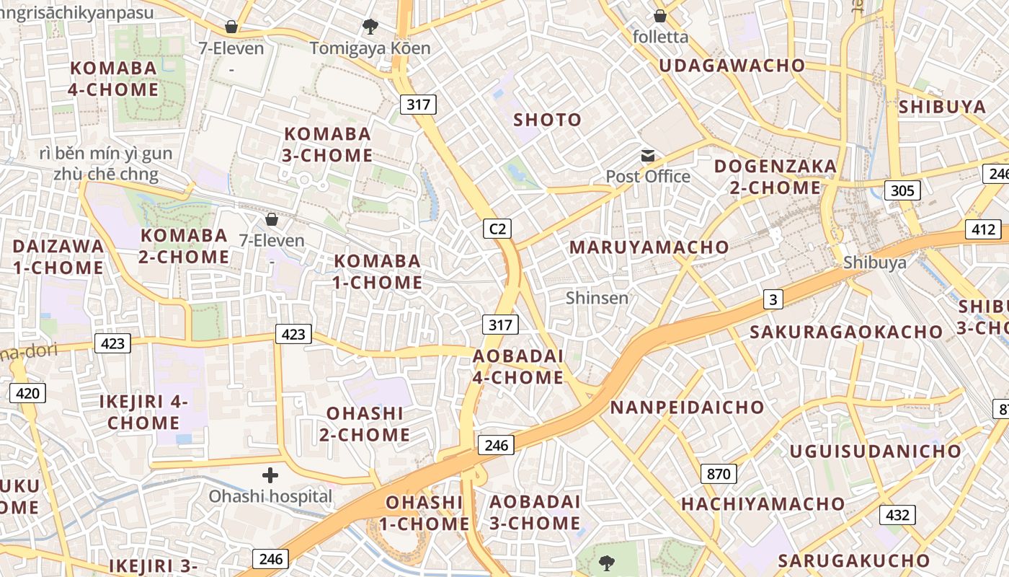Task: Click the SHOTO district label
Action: point(547,120)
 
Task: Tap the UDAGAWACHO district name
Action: point(732,66)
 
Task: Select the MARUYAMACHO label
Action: point(649,247)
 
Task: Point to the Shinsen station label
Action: point(597,297)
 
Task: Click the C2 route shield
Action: point(497,229)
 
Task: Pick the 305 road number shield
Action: point(902,190)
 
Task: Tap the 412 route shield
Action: point(983,230)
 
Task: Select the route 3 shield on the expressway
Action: point(773,299)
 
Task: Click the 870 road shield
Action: point(719,474)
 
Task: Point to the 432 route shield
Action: point(897,515)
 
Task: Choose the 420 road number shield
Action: point(27,393)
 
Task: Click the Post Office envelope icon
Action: point(648,156)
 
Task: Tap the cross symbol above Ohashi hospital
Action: point(270,475)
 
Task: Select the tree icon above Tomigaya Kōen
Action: point(370,27)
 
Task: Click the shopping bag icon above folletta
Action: point(660,16)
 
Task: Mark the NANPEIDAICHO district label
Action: point(687,408)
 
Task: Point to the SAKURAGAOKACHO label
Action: point(846,332)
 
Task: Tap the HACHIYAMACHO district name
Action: point(763,504)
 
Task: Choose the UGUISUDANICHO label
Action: point(876,452)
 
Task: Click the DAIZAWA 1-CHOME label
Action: point(58,257)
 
